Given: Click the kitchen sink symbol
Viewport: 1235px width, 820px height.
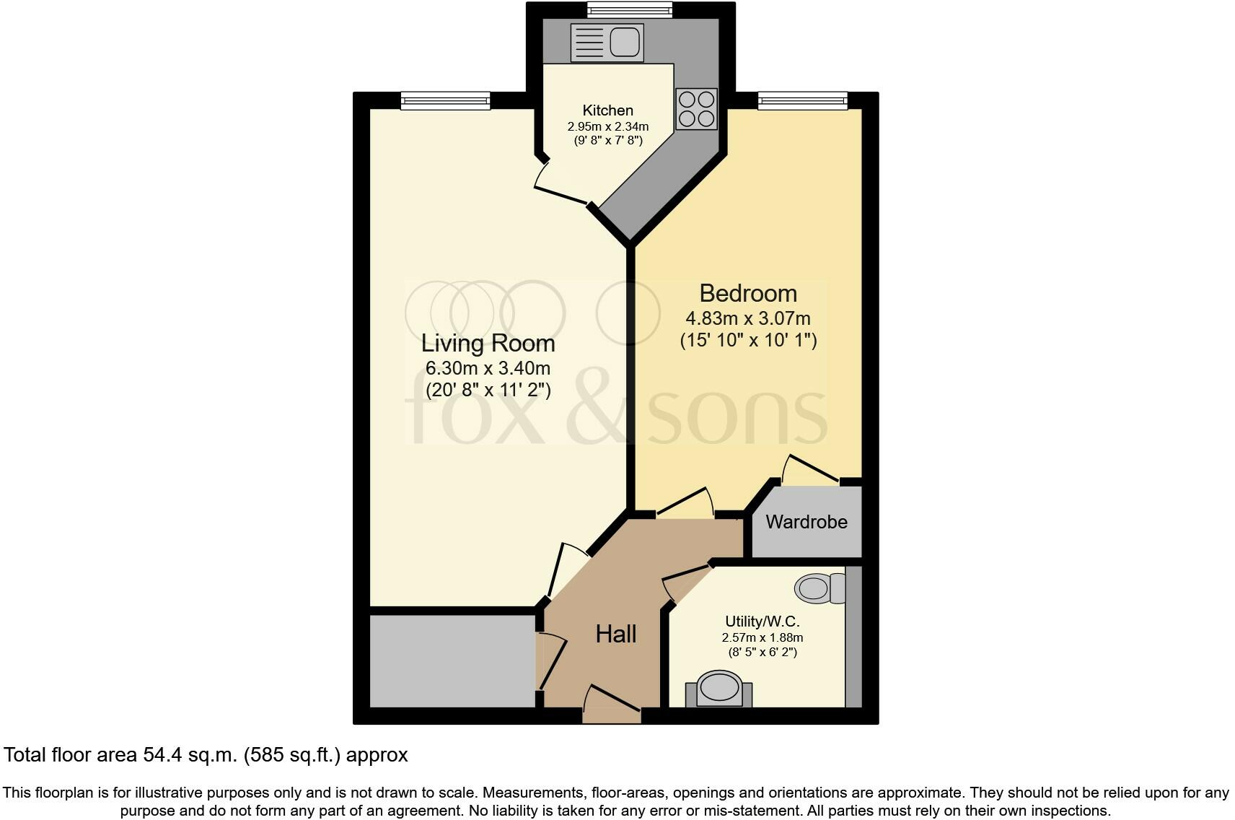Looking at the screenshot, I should point(607,43).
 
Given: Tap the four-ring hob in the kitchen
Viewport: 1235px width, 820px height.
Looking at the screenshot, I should point(696,109).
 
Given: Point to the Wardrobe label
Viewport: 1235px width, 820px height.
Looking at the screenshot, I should point(806,522).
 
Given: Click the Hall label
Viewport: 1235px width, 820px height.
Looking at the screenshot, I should point(615,634).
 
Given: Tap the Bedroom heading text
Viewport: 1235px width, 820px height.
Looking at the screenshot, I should point(748,293).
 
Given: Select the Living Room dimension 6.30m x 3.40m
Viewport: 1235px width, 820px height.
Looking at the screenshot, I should point(488,368).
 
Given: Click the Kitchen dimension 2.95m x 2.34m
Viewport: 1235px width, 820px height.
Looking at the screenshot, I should point(607,126).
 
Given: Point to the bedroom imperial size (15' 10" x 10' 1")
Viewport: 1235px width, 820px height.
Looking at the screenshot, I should point(748,340).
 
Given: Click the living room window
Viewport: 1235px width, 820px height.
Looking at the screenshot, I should point(445,101).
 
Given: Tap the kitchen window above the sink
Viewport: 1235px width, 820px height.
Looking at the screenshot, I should point(629,10).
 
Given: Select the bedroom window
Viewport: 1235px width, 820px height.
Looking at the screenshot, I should point(802,101).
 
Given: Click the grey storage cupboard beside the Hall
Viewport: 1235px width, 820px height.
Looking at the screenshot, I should point(452,660).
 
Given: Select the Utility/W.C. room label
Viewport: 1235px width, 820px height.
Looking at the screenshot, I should point(762,621).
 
